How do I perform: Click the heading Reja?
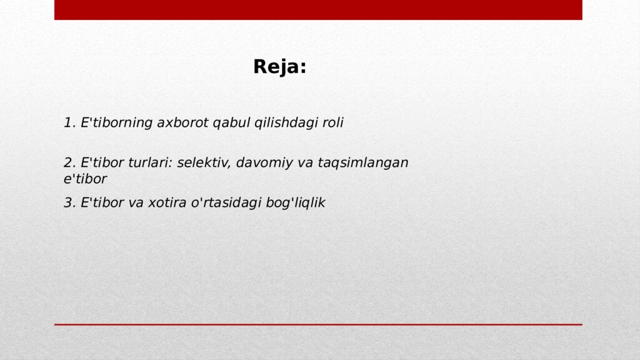[x=279, y=67]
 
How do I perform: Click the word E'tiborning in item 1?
[x=116, y=123]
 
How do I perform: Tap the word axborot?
[x=182, y=123]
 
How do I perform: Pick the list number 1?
[x=68, y=123]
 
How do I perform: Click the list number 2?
[x=69, y=163]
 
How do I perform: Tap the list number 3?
[x=69, y=203]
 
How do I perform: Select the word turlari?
[x=150, y=163]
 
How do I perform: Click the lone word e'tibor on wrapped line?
[x=85, y=179]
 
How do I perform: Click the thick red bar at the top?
[x=318, y=9]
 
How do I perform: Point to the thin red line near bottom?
[x=318, y=324]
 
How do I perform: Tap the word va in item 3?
[x=136, y=203]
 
